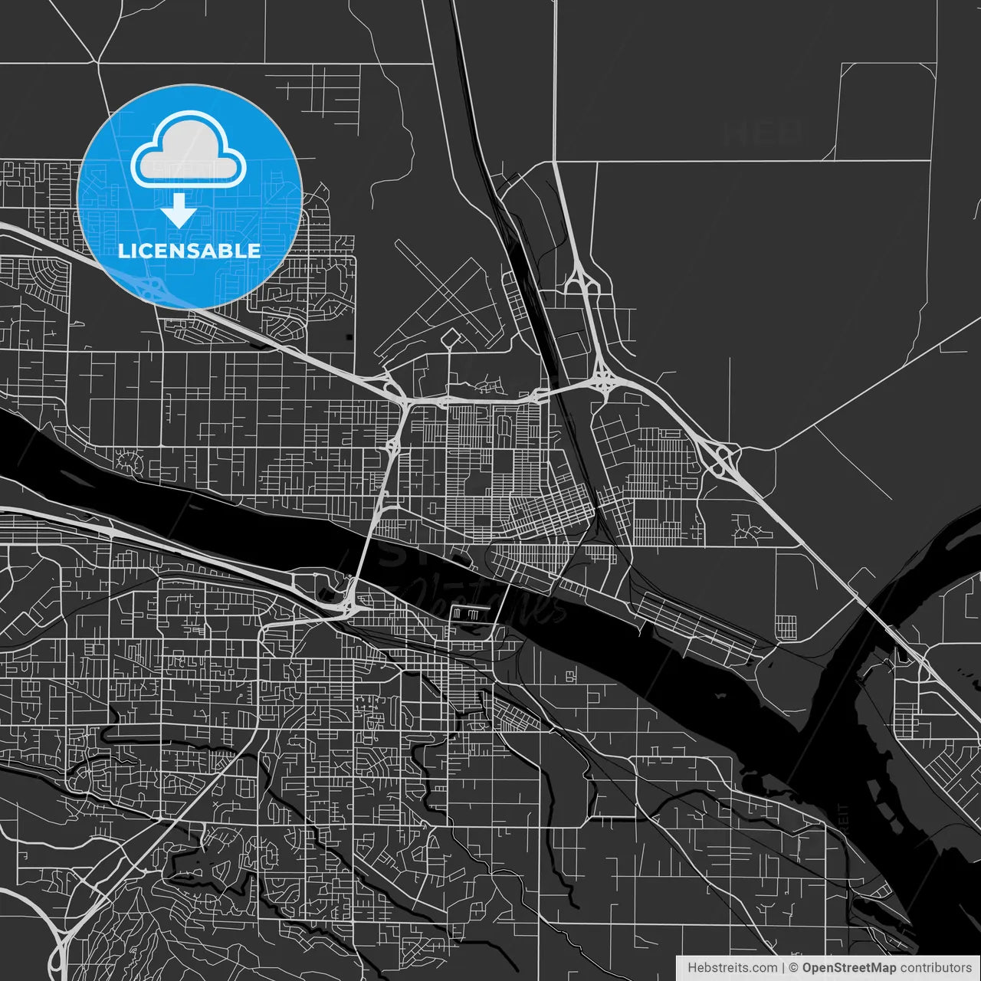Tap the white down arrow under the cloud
point(179,210)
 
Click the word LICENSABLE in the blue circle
point(189,251)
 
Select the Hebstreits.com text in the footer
point(732,968)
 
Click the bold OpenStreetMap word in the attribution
point(849,968)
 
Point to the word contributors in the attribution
point(936,968)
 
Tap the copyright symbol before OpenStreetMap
point(794,968)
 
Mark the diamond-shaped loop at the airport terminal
point(450,337)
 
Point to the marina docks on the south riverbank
point(469,614)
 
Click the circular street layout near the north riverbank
point(129,462)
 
